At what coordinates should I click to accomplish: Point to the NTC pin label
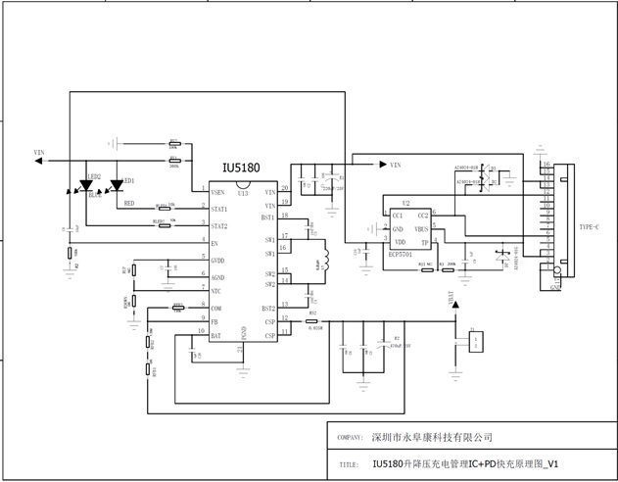[x=216, y=291]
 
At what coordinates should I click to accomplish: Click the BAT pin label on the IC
[x=216, y=336]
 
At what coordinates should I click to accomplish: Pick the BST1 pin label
[x=268, y=217]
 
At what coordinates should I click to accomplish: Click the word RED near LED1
[x=128, y=204]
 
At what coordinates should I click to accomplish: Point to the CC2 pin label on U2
[x=423, y=216]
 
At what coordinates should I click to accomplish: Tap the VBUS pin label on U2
[x=421, y=228]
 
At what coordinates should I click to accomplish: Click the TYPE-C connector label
[x=590, y=226]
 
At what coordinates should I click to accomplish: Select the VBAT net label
[x=453, y=300]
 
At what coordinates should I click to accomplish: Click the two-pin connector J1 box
[x=475, y=344]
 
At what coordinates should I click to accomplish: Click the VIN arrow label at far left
[x=40, y=153]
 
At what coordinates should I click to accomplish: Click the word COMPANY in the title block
[x=350, y=438]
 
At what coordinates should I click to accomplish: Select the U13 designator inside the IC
[x=242, y=194]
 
